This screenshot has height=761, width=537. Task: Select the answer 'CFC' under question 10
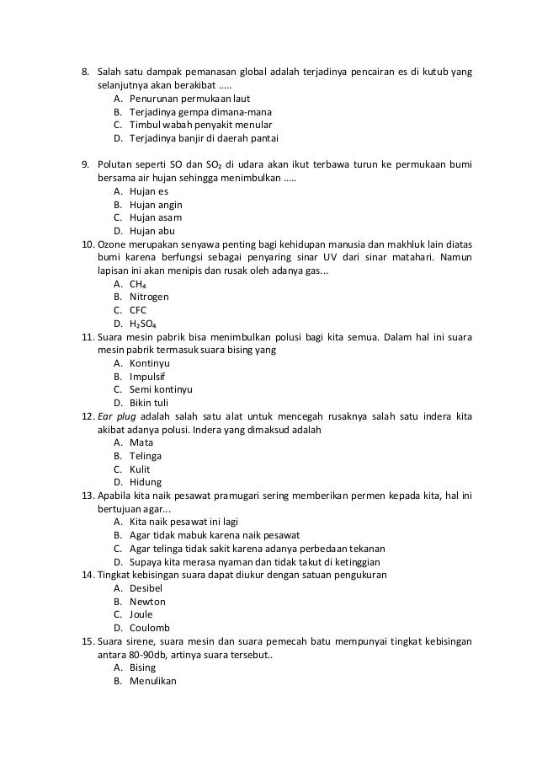(138, 310)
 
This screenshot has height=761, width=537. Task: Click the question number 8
(84, 72)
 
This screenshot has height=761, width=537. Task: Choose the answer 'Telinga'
(146, 456)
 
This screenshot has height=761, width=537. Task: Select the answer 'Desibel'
(146, 588)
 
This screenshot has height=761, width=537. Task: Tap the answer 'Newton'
(147, 602)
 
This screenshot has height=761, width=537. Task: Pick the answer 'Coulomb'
(150, 628)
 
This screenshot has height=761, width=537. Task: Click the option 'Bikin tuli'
(149, 403)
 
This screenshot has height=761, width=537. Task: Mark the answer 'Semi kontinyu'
(161, 389)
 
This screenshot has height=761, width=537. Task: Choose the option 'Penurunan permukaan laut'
(183, 99)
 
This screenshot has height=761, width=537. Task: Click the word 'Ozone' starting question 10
(113, 244)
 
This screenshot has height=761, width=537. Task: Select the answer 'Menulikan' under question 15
(153, 681)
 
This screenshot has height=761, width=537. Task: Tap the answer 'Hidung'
(146, 482)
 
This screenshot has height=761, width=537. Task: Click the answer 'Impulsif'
(147, 377)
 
